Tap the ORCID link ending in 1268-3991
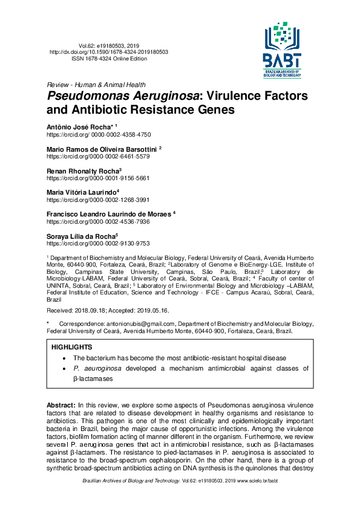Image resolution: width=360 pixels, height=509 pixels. pyautogui.click(x=98, y=199)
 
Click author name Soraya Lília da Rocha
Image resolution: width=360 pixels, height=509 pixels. pyautogui.click(x=80, y=236)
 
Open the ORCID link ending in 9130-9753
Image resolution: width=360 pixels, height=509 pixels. pyautogui.click(x=98, y=243)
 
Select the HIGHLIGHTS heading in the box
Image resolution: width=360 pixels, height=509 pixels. pyautogui.click(x=72, y=348)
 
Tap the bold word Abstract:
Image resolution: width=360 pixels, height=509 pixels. pyautogui.click(x=61, y=404)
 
